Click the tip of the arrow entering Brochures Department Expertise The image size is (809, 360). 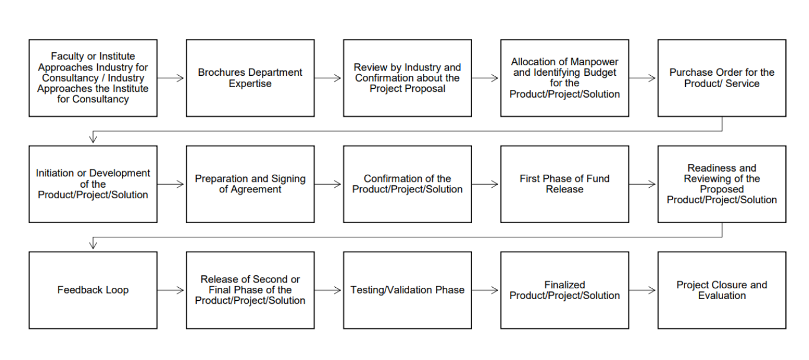tap(184, 78)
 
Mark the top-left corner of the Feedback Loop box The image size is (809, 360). tap(29, 252)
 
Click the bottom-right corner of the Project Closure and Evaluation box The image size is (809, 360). tap(786, 328)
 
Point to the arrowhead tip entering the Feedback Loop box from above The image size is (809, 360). tap(93, 249)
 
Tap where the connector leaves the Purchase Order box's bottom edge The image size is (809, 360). tap(722, 116)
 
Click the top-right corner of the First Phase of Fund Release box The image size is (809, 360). tap(628, 146)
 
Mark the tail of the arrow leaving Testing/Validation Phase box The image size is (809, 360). tap(471, 290)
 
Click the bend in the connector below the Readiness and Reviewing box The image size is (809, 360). tap(722, 237)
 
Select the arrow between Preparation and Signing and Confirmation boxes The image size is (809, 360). tap(328, 184)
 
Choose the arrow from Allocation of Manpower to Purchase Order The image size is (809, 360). tap(642, 78)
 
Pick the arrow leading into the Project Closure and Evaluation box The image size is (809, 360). tap(642, 290)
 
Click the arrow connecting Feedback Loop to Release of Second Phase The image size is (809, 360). tap(171, 290)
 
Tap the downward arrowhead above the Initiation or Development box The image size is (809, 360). tap(93, 138)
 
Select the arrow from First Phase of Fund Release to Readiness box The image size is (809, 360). tap(642, 184)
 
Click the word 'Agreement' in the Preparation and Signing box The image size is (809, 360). tap(255, 189)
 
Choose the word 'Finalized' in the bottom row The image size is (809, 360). tap(564, 285)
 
